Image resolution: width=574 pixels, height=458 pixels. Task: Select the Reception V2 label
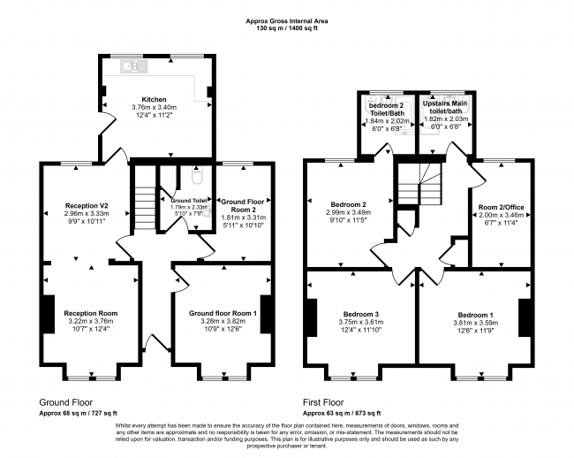tap(85, 205)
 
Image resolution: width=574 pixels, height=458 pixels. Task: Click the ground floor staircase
tap(144, 209)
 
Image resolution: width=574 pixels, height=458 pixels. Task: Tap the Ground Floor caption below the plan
tap(65, 401)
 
